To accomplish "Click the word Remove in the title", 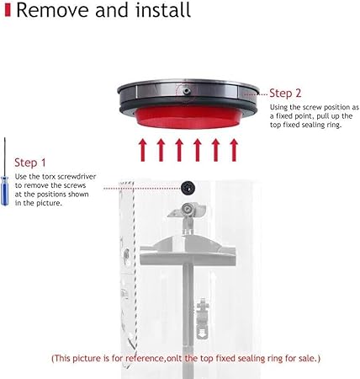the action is pos(53,10).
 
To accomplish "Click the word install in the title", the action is pos(163,10).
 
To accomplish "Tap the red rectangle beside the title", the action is pos(8,10).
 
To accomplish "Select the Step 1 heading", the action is pos(30,163).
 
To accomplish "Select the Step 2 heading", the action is pos(285,93).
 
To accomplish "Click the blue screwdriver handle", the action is pos(4,191).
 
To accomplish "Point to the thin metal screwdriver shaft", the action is pos(5,157).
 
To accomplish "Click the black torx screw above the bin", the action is pos(188,187).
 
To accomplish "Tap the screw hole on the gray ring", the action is pos(186,91).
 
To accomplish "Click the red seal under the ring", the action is pos(188,118).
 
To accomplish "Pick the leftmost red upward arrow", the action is pos(143,150).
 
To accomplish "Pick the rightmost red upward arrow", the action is pos(234,150).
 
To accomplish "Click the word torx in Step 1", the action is pos(50,177).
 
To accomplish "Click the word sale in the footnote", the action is pos(307,358).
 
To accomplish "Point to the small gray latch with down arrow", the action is pos(203,318).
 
